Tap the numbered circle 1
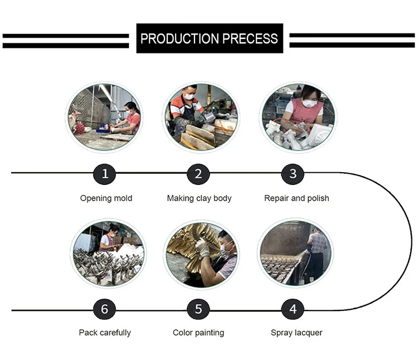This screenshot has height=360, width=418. click(105, 174)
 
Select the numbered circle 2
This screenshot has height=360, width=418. click(198, 174)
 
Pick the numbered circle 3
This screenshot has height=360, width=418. click(293, 174)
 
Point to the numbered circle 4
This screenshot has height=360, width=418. click(293, 309)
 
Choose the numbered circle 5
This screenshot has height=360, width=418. click(198, 309)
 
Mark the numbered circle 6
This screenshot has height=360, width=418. click(105, 309)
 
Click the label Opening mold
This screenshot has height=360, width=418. click(106, 198)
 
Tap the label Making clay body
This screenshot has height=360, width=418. click(199, 198)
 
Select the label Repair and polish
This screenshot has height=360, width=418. click(297, 198)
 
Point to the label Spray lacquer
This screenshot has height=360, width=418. click(297, 333)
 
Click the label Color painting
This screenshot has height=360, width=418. click(198, 333)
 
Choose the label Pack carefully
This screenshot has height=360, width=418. click(105, 333)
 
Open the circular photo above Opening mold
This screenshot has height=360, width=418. click(105, 116)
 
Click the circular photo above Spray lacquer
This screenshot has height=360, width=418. click(295, 253)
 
